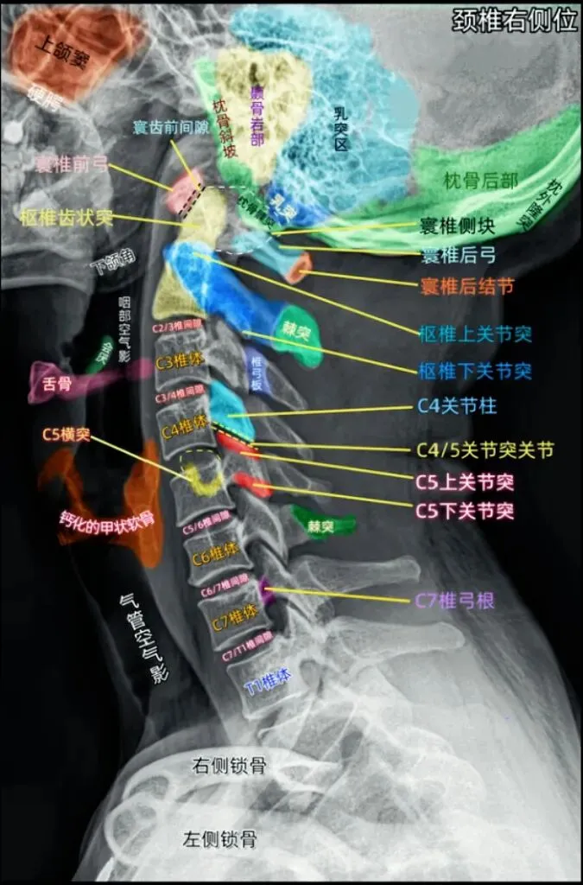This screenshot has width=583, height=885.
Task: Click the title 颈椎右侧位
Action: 515,22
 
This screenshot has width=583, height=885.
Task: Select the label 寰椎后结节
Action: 466,285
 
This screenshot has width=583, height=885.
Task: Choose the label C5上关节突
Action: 465,481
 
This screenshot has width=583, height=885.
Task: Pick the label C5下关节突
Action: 465,510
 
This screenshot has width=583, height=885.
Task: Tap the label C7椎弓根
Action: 457,599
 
